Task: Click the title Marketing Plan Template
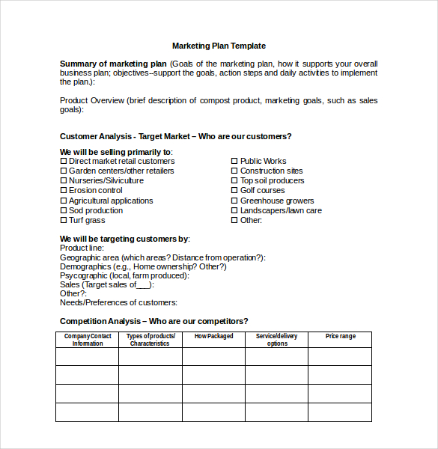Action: (219, 46)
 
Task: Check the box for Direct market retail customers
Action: (64, 161)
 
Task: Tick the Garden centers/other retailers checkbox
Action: (64, 171)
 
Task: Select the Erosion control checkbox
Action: (64, 191)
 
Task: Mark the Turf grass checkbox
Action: (64, 220)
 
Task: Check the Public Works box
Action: (234, 161)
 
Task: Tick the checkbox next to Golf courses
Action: (234, 191)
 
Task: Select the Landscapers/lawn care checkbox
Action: (234, 210)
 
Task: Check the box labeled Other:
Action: (234, 220)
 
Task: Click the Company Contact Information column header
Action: (87, 340)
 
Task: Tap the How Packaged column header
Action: (213, 337)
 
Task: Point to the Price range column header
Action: (340, 337)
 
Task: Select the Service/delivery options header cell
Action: (276, 340)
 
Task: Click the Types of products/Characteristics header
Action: (150, 340)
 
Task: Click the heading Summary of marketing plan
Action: (113, 64)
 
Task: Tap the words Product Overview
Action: (91, 100)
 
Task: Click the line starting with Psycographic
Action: (124, 275)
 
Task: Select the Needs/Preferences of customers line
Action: (118, 302)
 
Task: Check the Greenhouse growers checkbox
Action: (234, 201)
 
